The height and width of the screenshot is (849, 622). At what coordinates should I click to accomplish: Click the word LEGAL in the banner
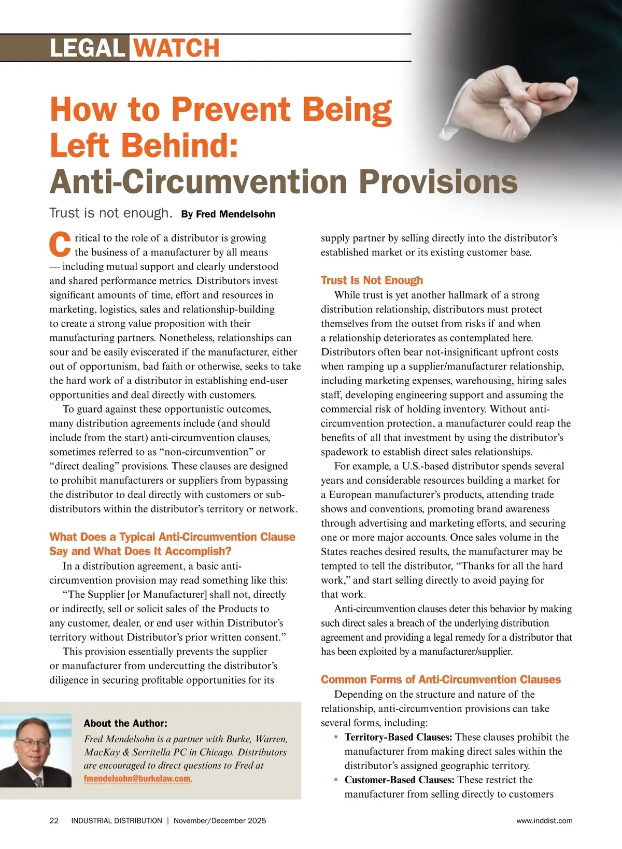pyautogui.click(x=87, y=48)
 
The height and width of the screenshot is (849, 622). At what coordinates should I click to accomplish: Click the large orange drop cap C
pyautogui.click(x=60, y=245)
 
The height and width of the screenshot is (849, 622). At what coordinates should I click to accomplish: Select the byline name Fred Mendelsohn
pyautogui.click(x=228, y=214)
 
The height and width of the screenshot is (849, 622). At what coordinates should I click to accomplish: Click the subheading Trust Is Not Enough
pyautogui.click(x=372, y=280)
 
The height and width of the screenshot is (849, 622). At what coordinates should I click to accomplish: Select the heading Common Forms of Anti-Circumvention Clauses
pyautogui.click(x=441, y=680)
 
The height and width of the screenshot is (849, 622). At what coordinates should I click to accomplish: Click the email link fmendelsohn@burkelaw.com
pyautogui.click(x=137, y=779)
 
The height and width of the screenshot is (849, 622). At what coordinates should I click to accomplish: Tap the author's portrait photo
pyautogui.click(x=36, y=751)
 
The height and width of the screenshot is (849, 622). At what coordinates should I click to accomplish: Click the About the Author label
pyautogui.click(x=125, y=723)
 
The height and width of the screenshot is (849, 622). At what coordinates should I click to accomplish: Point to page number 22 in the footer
pyautogui.click(x=54, y=820)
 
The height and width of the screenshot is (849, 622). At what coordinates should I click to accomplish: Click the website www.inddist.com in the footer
pyautogui.click(x=544, y=820)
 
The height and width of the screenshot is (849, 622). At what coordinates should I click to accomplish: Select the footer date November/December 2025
pyautogui.click(x=220, y=820)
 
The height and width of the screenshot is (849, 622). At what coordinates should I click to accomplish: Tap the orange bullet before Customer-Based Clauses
pyautogui.click(x=336, y=780)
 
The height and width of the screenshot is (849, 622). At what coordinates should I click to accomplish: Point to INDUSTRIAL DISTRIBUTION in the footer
pyautogui.click(x=117, y=820)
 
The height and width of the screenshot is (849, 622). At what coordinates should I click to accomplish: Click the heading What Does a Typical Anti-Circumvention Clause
pyautogui.click(x=172, y=537)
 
